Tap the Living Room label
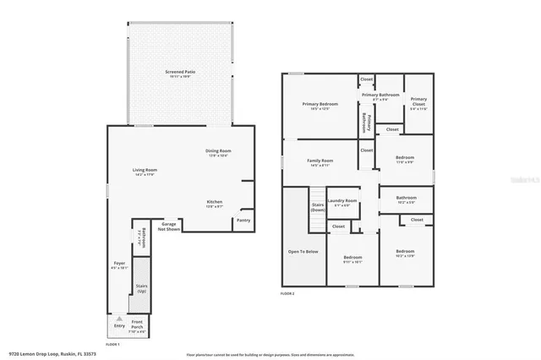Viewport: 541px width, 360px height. [x=145, y=172]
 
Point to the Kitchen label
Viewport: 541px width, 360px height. [x=215, y=203]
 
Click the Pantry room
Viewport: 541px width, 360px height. [x=243, y=221]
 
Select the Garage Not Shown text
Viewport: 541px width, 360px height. [x=171, y=226]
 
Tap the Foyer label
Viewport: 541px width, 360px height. [x=119, y=265]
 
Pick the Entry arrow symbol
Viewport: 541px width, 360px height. [x=118, y=319]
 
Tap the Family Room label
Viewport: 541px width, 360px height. [x=320, y=162]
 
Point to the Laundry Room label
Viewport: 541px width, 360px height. [x=342, y=202]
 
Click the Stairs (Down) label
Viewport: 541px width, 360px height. [x=318, y=207]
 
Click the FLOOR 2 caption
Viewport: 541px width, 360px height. [x=288, y=293]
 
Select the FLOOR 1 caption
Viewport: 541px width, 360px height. [x=112, y=344]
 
